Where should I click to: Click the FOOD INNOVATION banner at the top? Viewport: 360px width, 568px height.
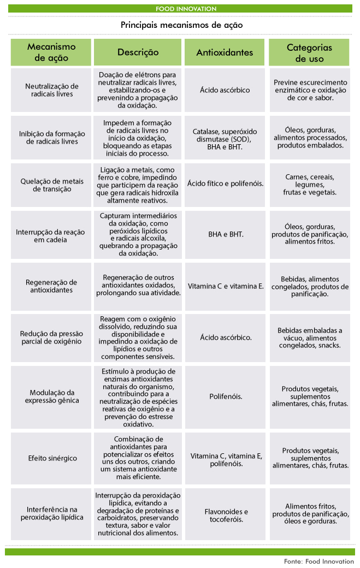tap(186, 9)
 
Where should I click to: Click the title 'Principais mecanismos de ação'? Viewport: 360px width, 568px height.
tap(181, 25)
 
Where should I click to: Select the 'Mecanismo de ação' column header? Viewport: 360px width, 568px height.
tap(51, 52)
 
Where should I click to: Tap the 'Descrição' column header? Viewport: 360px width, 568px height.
tap(138, 52)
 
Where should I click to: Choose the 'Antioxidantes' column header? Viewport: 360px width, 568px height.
tap(225, 52)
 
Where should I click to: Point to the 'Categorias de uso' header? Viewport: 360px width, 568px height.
tap(309, 52)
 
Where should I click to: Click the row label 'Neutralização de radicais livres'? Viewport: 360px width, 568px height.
tap(52, 90)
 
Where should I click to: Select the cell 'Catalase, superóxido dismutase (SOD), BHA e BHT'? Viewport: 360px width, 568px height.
tap(226, 139)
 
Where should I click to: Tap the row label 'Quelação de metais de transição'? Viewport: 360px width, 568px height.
tap(52, 185)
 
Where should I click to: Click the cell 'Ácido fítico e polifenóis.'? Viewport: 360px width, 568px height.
tap(226, 184)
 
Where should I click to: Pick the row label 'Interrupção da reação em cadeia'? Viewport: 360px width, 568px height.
tap(52, 235)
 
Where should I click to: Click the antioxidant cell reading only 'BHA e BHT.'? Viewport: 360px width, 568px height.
tap(226, 234)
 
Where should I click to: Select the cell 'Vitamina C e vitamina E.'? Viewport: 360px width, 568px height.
tap(226, 286)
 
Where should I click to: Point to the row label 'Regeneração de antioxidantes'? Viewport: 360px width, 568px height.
tap(52, 286)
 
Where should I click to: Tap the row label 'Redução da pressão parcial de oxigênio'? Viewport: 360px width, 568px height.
tap(52, 337)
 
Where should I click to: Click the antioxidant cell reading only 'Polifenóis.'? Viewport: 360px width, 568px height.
tap(226, 397)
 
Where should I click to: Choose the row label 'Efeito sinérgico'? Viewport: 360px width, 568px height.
tap(52, 458)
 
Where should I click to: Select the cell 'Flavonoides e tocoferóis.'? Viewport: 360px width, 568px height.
tap(226, 516)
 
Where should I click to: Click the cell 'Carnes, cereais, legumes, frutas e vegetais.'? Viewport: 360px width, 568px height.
tap(310, 185)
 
